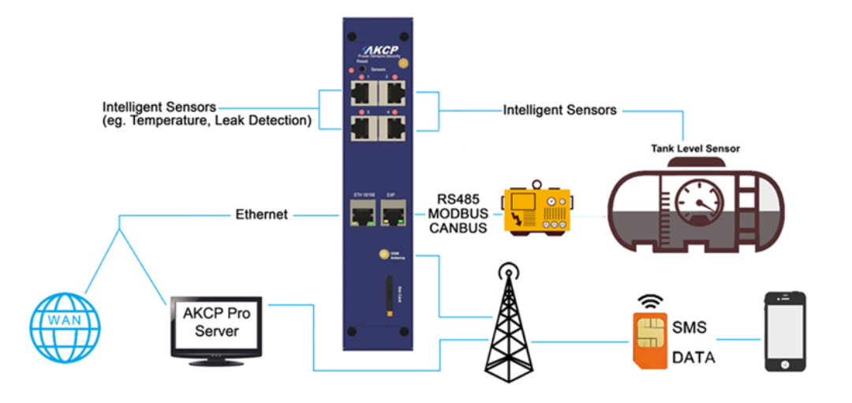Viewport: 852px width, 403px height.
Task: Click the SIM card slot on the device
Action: pos(389,297)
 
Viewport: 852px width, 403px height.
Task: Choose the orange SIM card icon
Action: pos(649,341)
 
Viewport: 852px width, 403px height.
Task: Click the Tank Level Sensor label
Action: pos(695,147)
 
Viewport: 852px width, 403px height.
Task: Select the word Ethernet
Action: pos(261,215)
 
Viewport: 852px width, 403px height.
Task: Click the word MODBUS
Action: pos(456,214)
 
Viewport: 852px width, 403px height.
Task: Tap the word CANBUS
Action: pos(456,229)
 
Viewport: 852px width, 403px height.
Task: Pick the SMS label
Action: pos(689,327)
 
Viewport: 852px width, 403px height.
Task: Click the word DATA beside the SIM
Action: pos(693,358)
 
